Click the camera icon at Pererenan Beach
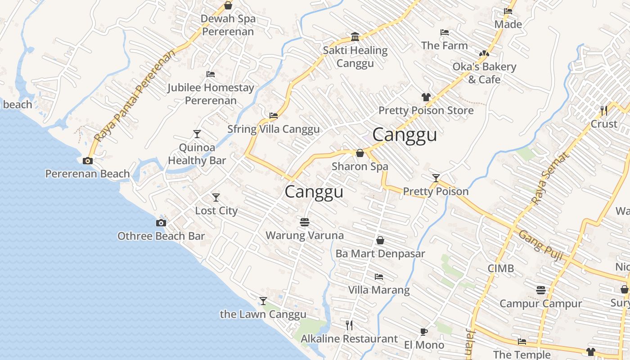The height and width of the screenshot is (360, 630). click(x=88, y=161)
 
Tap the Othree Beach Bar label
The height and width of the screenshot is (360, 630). click(x=161, y=236)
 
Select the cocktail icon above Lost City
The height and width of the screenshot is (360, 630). click(x=216, y=197)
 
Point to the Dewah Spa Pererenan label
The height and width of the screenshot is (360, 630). click(x=228, y=25)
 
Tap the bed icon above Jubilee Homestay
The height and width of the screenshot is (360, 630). click(x=211, y=74)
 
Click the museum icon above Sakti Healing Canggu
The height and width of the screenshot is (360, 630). click(x=355, y=36)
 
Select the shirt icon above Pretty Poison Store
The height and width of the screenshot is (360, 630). click(x=426, y=97)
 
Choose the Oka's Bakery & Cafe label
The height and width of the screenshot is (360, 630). click(x=484, y=73)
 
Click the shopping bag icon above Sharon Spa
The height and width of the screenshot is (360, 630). click(x=360, y=153)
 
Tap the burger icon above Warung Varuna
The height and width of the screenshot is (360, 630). click(x=305, y=222)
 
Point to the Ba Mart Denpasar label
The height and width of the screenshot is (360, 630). click(x=380, y=253)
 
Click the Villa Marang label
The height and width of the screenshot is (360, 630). click(x=379, y=290)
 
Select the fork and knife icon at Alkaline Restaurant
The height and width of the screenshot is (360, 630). click(x=349, y=325)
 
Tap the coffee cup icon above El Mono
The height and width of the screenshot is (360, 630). click(x=423, y=332)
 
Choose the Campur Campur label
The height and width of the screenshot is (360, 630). click(x=540, y=303)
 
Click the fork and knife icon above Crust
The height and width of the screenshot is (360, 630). click(x=604, y=110)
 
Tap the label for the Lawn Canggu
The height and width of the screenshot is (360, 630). click(x=263, y=314)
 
